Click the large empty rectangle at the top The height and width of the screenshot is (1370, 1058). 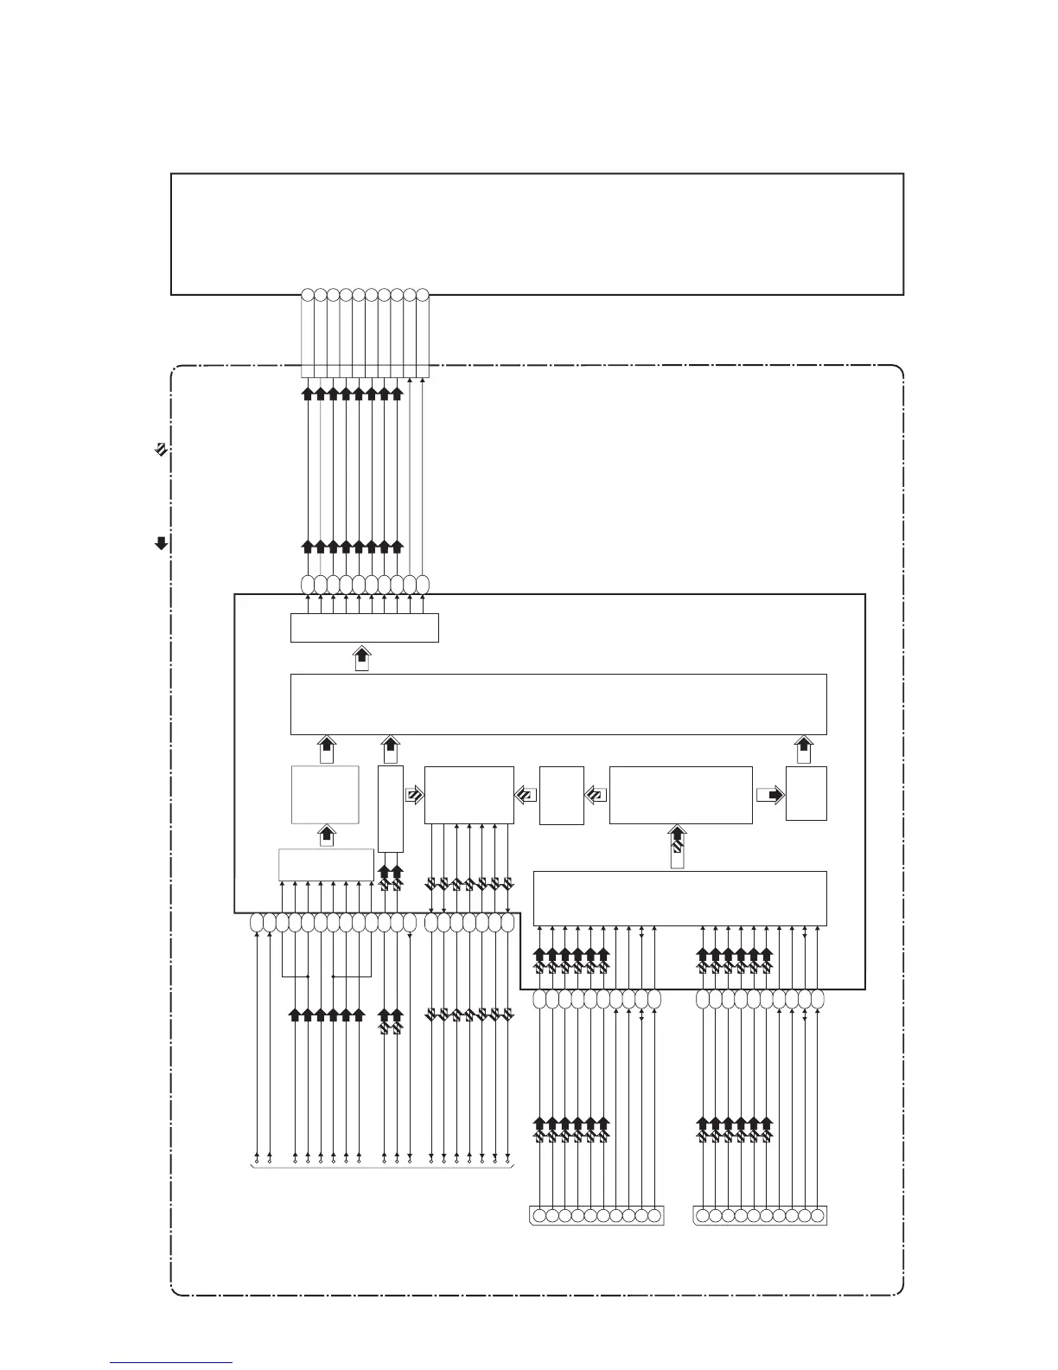(x=537, y=234)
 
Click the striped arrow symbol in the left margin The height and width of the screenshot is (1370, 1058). (x=160, y=449)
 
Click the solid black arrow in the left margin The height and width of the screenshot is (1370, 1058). (x=160, y=543)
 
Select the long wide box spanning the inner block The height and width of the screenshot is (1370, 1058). (x=558, y=703)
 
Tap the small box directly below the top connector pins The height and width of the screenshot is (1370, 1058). (x=364, y=628)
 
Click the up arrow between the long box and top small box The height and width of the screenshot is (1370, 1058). (x=363, y=657)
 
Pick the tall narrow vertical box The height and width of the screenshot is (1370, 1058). (x=391, y=809)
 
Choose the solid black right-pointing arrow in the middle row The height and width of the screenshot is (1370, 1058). (x=770, y=795)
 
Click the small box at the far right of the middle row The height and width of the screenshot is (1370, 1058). (x=806, y=793)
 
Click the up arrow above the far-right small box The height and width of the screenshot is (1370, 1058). (x=804, y=749)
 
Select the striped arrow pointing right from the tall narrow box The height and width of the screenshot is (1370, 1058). (x=414, y=795)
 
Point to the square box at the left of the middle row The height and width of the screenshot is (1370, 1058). (x=325, y=794)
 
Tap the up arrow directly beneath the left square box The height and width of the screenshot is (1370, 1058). (x=327, y=836)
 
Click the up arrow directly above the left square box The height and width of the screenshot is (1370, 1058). (x=326, y=749)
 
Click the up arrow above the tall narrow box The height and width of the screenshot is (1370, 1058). (x=391, y=749)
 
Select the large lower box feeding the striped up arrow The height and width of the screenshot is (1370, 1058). (x=679, y=898)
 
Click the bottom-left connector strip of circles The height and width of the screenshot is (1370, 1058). (x=596, y=1215)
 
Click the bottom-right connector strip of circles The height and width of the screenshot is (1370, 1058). (x=760, y=1215)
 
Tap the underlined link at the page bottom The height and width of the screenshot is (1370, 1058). (x=171, y=1362)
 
